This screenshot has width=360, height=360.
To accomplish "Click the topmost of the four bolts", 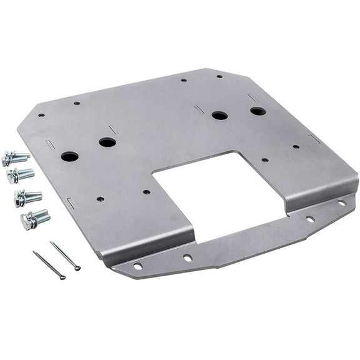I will [x=16, y=157].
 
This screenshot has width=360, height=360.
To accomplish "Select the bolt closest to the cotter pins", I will [x=35, y=218].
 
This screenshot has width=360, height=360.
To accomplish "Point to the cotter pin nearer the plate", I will [x=65, y=256].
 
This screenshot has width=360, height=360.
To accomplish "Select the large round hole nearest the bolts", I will [x=69, y=156].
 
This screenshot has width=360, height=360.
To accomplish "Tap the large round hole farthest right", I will [x=257, y=111].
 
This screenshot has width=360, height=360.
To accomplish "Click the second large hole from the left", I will [x=107, y=142].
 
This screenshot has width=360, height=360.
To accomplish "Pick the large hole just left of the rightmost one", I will [x=219, y=116].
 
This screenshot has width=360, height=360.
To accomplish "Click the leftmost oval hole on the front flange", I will [x=137, y=266].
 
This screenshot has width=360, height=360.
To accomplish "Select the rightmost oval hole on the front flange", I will [x=341, y=203].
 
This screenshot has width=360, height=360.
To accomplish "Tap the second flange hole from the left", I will [x=187, y=257].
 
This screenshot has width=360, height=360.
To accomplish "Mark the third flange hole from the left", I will [x=310, y=219].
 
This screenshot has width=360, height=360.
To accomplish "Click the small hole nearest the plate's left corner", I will [x=41, y=115].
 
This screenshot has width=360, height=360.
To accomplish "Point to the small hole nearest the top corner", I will [x=219, y=76].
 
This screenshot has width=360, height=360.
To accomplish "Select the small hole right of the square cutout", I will [x=265, y=160].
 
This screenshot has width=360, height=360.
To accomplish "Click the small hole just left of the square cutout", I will [x=146, y=192].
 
